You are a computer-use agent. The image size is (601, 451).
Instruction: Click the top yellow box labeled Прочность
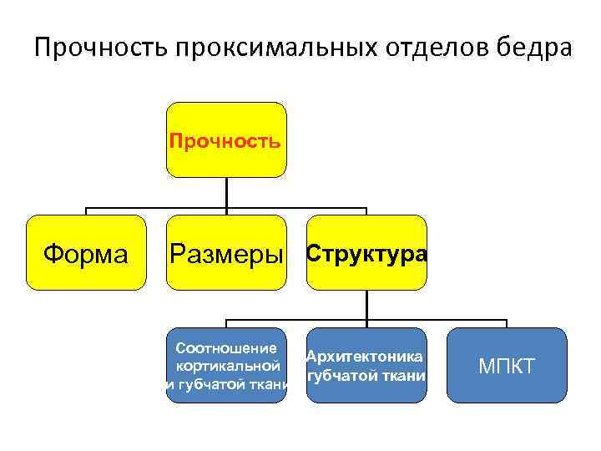pyautogui.click(x=226, y=139)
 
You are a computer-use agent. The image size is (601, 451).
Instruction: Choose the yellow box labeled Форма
pyautogui.click(x=86, y=252)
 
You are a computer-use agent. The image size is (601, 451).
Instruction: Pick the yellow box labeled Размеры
pyautogui.click(x=226, y=252)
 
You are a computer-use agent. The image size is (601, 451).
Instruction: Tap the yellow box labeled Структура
pyautogui.click(x=366, y=252)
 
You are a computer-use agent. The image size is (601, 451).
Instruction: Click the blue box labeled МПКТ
pyautogui.click(x=507, y=365)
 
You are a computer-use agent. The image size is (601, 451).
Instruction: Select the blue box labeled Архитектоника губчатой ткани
pyautogui.click(x=366, y=365)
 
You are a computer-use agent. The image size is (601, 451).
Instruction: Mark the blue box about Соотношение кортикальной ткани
pyautogui.click(x=226, y=365)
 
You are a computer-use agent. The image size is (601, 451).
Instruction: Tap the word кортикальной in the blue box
pyautogui.click(x=226, y=366)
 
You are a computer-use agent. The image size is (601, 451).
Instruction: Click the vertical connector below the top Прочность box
pyautogui.click(x=226, y=192)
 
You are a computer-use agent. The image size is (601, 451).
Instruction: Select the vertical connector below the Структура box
pyautogui.click(x=366, y=305)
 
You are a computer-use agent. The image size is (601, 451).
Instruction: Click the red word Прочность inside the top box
pyautogui.click(x=225, y=139)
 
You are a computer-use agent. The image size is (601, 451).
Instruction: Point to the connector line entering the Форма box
pyautogui.click(x=86, y=210)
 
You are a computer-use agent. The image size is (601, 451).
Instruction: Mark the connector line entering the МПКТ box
pyautogui.click(x=507, y=323)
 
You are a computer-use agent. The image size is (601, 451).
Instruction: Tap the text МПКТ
pyautogui.click(x=507, y=366)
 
